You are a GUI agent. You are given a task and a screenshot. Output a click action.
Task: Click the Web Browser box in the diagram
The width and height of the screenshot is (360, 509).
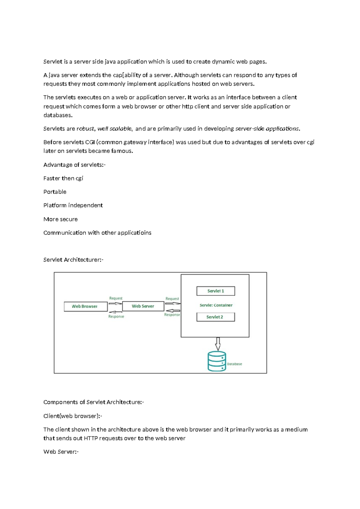coord(85,306)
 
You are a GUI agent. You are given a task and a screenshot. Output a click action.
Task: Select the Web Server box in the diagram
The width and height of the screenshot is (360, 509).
coord(143,306)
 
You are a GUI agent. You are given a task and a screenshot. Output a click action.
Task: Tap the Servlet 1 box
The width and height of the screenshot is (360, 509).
coord(216,291)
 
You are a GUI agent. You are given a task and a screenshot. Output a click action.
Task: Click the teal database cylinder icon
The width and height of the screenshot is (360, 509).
coord(217,361)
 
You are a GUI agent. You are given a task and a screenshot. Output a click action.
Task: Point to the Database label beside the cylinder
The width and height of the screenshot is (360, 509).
coord(234,364)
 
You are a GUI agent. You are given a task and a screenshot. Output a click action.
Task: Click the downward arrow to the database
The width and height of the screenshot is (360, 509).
coord(218,344)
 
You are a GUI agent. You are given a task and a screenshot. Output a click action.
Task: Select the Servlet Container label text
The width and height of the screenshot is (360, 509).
coord(216,305)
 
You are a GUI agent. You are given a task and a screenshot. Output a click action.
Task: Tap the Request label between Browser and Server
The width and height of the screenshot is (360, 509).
coord(116,298)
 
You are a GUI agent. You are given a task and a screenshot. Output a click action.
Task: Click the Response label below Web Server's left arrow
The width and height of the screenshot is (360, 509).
coord(116,316)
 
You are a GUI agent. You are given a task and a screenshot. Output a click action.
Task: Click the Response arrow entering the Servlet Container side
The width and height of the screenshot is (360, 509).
coord(173,311)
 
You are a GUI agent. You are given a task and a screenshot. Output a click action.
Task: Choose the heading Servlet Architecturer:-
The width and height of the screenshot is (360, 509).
coord(73,260)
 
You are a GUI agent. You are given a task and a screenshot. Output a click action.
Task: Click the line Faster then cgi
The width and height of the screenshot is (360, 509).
coord(63,178)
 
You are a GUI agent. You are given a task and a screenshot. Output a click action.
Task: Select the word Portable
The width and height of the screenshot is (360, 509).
coord(55,192)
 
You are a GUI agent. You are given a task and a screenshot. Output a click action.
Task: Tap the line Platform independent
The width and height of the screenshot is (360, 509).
coord(73,205)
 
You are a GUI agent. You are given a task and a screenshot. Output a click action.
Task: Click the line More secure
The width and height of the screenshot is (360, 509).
coord(60,219)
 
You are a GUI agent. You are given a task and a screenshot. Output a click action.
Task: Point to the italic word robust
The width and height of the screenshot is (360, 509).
coord(85,129)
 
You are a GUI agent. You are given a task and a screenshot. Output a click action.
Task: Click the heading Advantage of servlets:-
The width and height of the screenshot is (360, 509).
coord(74,165)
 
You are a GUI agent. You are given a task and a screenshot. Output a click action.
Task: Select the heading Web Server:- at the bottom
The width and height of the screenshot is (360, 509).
coord(61,452)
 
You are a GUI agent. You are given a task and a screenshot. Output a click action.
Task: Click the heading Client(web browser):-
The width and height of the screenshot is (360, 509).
coord(73,416)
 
